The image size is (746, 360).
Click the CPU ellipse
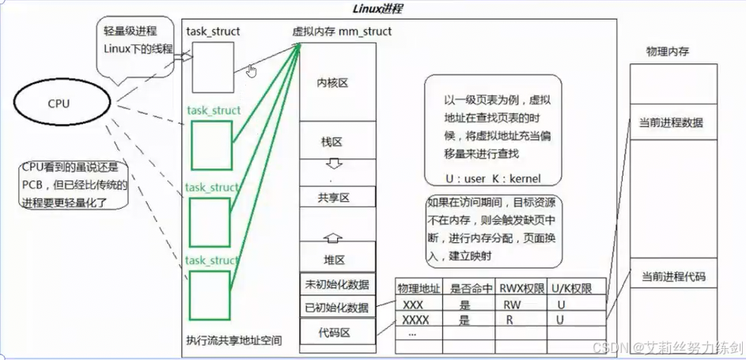click(x=58, y=103)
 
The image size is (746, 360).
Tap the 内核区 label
click(x=333, y=82)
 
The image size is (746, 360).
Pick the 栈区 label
click(x=331, y=142)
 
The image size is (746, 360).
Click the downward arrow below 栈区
click(x=333, y=165)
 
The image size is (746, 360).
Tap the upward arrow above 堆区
click(x=333, y=235)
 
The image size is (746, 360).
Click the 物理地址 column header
click(x=418, y=289)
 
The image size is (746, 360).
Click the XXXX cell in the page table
click(x=418, y=320)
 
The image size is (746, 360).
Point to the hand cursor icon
click(x=252, y=71)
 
